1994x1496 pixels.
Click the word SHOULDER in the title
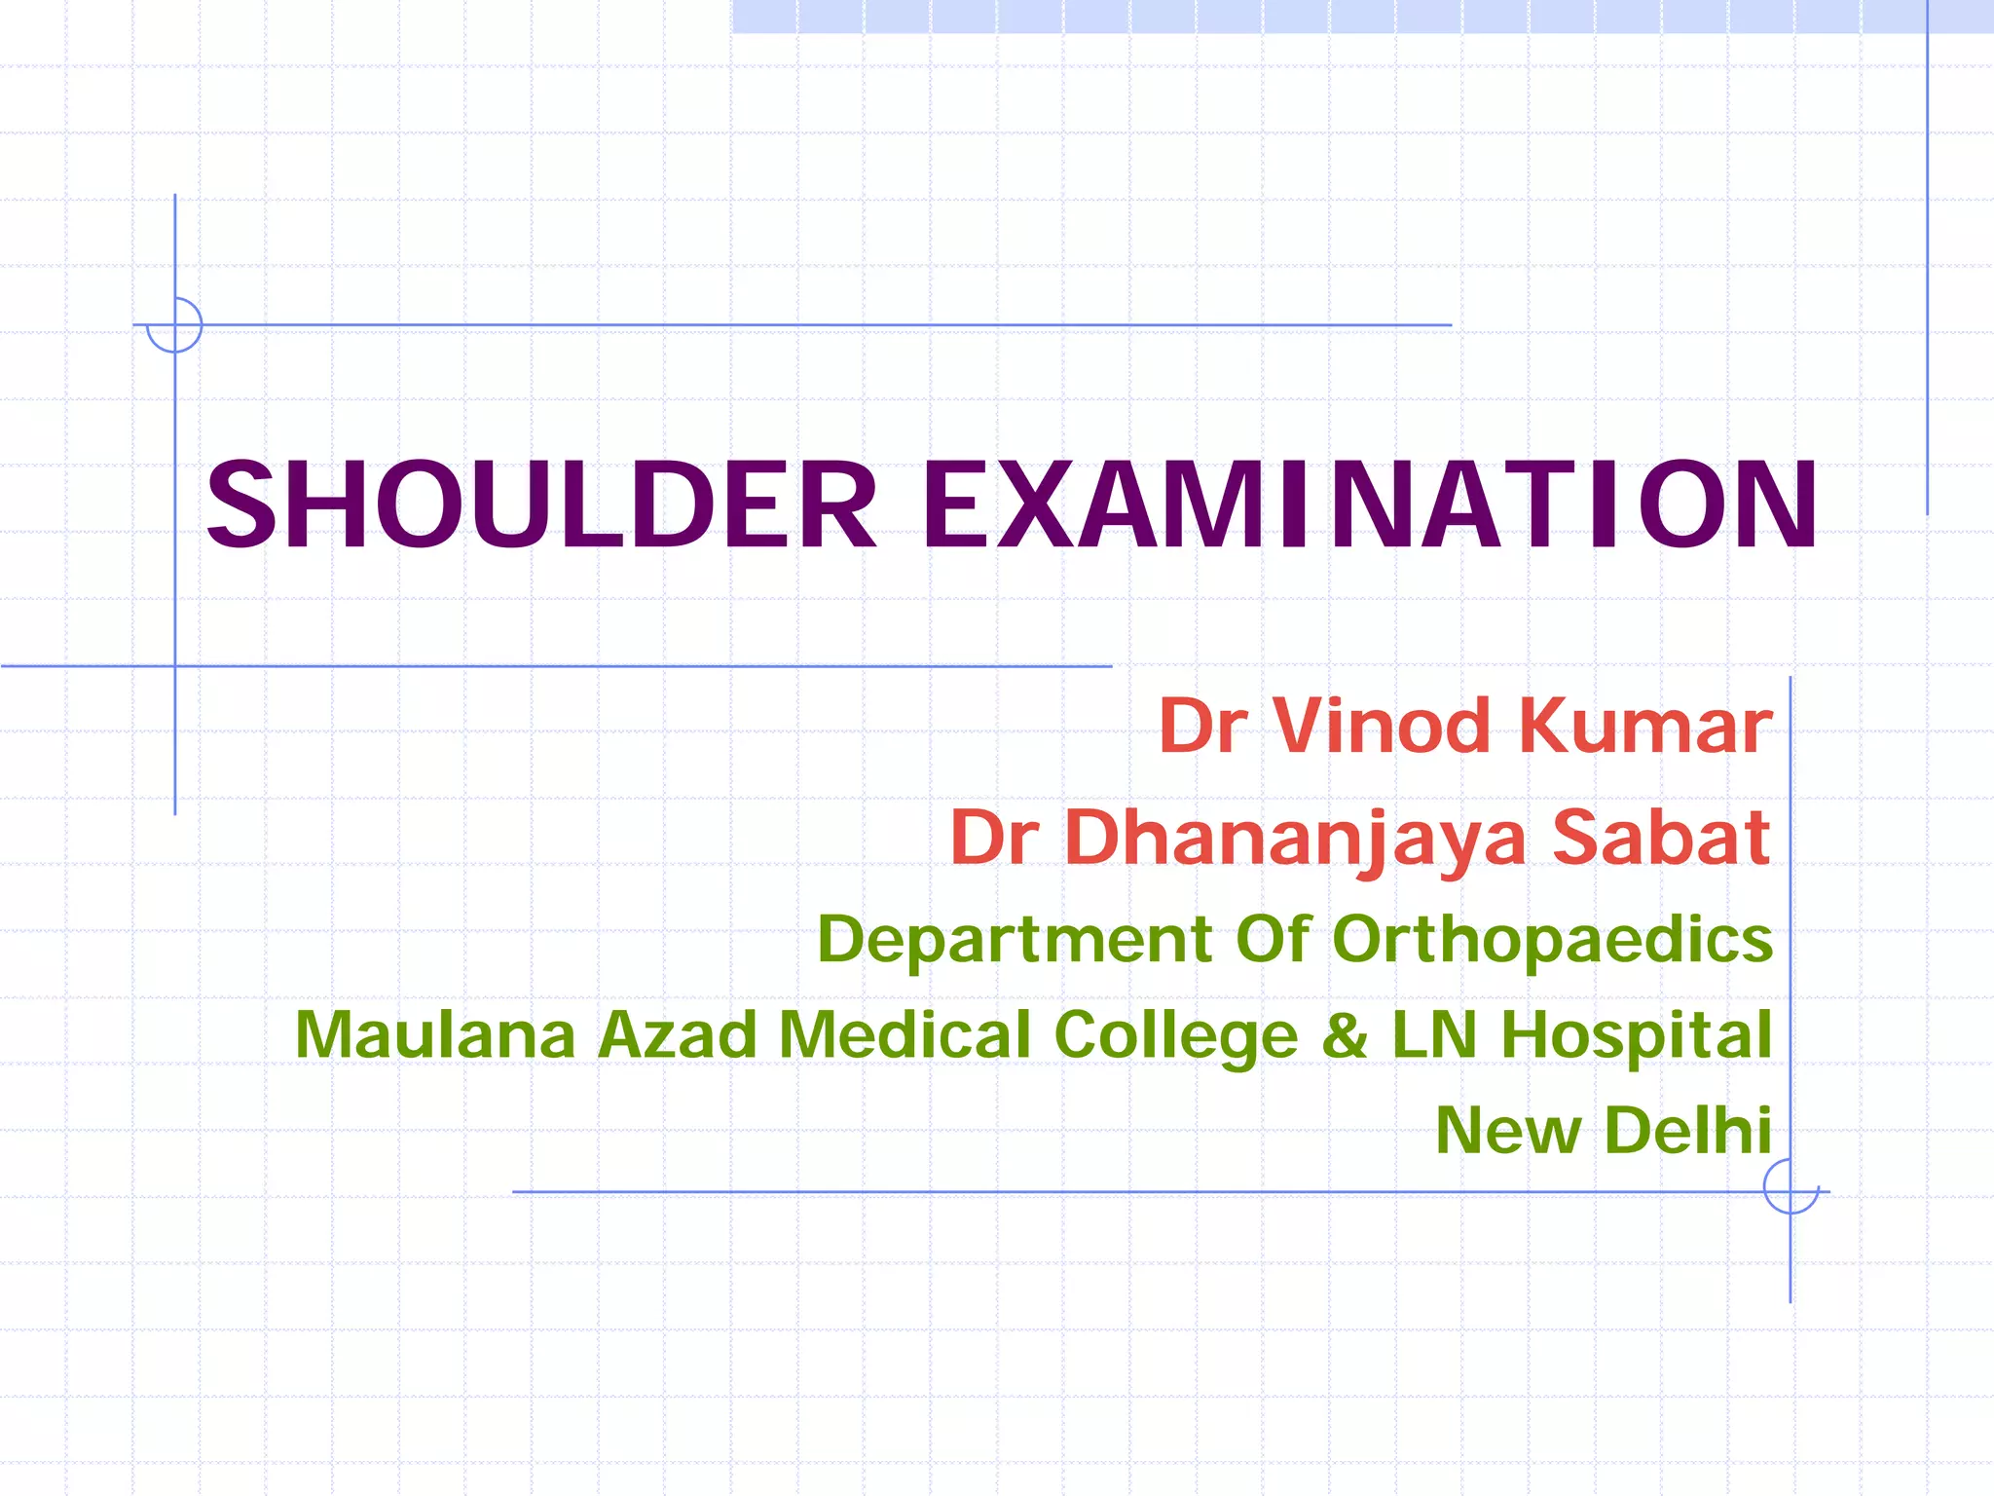coord(541,505)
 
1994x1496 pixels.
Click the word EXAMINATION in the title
coord(1369,505)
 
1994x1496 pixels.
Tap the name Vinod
coord(1382,727)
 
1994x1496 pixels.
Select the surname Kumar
coord(1645,727)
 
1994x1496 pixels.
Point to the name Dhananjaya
coord(1296,838)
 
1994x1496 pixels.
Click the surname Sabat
coord(1661,838)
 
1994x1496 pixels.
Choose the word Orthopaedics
coord(1552,940)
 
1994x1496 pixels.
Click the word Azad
coord(678,1034)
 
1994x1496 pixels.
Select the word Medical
coord(905,1034)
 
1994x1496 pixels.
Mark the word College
coord(1176,1036)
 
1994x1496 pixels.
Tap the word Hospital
coord(1636,1036)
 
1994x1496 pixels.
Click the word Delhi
coord(1687,1131)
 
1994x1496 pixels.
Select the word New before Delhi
coord(1508,1131)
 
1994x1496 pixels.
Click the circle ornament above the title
coord(175,324)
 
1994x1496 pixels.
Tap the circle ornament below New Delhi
coord(1791,1187)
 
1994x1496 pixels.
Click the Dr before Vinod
coord(1202,727)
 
